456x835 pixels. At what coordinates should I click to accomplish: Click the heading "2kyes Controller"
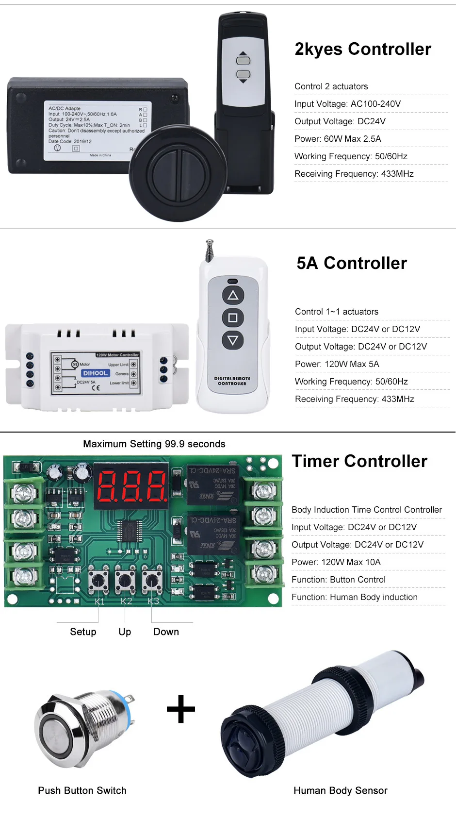(363, 49)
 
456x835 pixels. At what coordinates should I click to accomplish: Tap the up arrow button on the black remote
(243, 60)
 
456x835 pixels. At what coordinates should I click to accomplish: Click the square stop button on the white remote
(233, 317)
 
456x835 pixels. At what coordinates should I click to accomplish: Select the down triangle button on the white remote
(233, 340)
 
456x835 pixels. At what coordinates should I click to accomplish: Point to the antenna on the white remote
(210, 250)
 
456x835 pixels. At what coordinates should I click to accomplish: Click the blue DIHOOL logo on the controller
(95, 373)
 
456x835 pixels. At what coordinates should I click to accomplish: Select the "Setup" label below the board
(83, 632)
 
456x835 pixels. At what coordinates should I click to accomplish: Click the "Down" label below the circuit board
(166, 632)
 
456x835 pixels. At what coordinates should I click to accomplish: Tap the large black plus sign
(181, 709)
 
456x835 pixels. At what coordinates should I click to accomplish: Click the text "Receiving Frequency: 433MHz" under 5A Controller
(354, 399)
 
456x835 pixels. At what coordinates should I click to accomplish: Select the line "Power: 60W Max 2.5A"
(338, 139)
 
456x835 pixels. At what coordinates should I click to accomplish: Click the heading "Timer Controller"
(359, 461)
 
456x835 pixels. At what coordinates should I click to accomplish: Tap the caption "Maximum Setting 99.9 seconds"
(154, 444)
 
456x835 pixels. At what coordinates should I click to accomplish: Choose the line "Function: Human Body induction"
(354, 597)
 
